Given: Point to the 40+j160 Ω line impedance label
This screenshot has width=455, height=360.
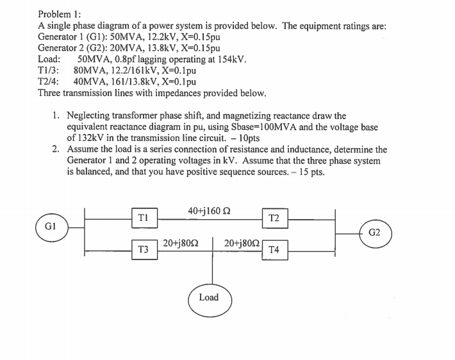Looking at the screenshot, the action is click(209, 211).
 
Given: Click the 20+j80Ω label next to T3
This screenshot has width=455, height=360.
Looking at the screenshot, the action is click(181, 243).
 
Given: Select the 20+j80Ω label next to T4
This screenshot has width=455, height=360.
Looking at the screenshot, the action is click(242, 243).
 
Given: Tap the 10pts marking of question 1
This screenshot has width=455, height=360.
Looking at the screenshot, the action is click(249, 138).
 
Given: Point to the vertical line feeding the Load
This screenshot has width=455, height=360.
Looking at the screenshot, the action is click(213, 261).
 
